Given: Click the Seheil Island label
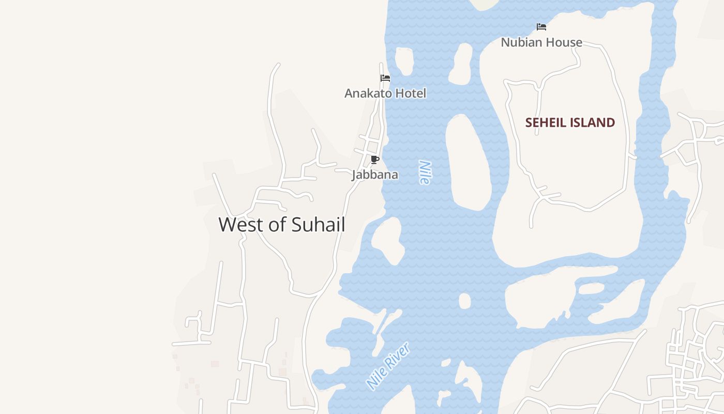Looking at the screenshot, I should point(570,123).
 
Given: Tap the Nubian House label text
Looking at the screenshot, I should point(541,42).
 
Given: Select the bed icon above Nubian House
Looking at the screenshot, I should point(541,27).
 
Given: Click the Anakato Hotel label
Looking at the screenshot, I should point(385,93).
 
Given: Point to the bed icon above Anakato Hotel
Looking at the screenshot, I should point(385,78).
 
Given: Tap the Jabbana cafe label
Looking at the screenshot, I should point(375,175).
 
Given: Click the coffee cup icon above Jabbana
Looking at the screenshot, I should point(375,159).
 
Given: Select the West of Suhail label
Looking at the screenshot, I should point(282,225).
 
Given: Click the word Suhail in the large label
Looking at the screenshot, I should point(319,225).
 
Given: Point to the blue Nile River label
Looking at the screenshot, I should point(388,366).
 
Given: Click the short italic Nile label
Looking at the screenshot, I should point(425,172).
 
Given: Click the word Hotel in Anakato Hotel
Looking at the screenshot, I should point(410,93).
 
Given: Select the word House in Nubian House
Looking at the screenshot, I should point(566,42).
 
